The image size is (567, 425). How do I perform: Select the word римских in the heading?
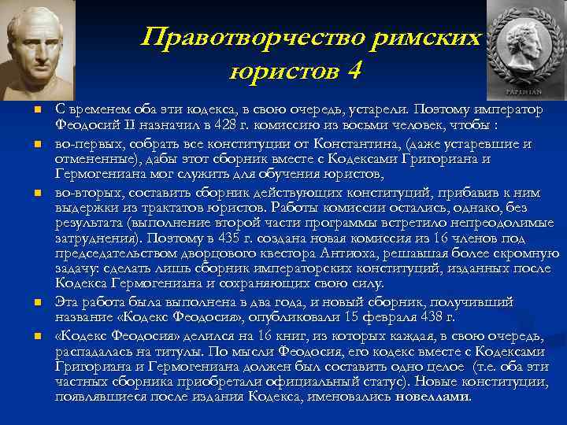tap(426, 38)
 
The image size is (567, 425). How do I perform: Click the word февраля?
tap(391, 316)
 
